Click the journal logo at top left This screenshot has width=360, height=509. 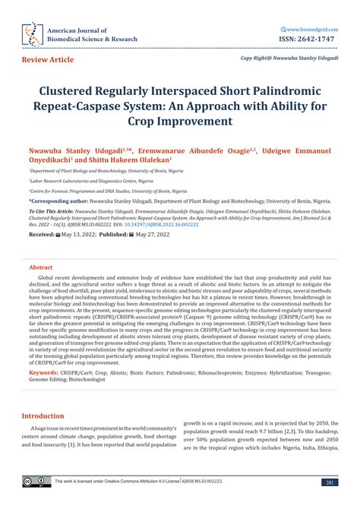[x=30, y=33]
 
